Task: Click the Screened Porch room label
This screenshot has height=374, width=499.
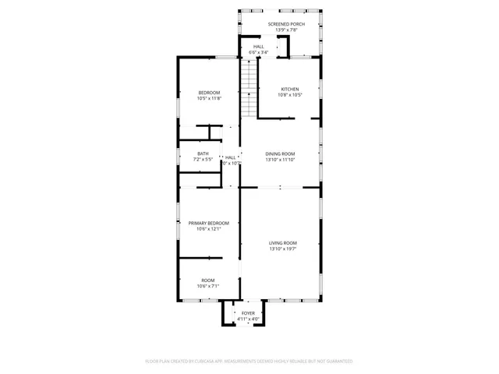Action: [286, 24]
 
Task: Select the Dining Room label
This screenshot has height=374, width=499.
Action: [280, 153]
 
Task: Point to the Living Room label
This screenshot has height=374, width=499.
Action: [283, 243]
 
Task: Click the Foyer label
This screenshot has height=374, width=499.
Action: [248, 312]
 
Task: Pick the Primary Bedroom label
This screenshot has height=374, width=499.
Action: [208, 223]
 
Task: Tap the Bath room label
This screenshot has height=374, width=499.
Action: [203, 153]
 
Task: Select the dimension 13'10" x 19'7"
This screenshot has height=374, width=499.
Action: [283, 249]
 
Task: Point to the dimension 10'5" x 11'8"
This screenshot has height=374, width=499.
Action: [209, 98]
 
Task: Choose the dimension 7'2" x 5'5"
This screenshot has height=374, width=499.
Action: [203, 160]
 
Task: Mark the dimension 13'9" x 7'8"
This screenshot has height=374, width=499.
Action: [286, 30]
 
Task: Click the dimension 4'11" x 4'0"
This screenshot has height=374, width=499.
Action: [248, 319]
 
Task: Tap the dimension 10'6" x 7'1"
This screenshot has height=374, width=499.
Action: [208, 287]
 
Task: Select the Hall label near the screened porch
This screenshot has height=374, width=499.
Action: [258, 47]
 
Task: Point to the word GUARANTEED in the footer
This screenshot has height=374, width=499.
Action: [337, 362]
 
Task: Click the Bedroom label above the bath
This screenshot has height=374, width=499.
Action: [209, 92]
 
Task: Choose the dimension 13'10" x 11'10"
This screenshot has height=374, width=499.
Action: [280, 160]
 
